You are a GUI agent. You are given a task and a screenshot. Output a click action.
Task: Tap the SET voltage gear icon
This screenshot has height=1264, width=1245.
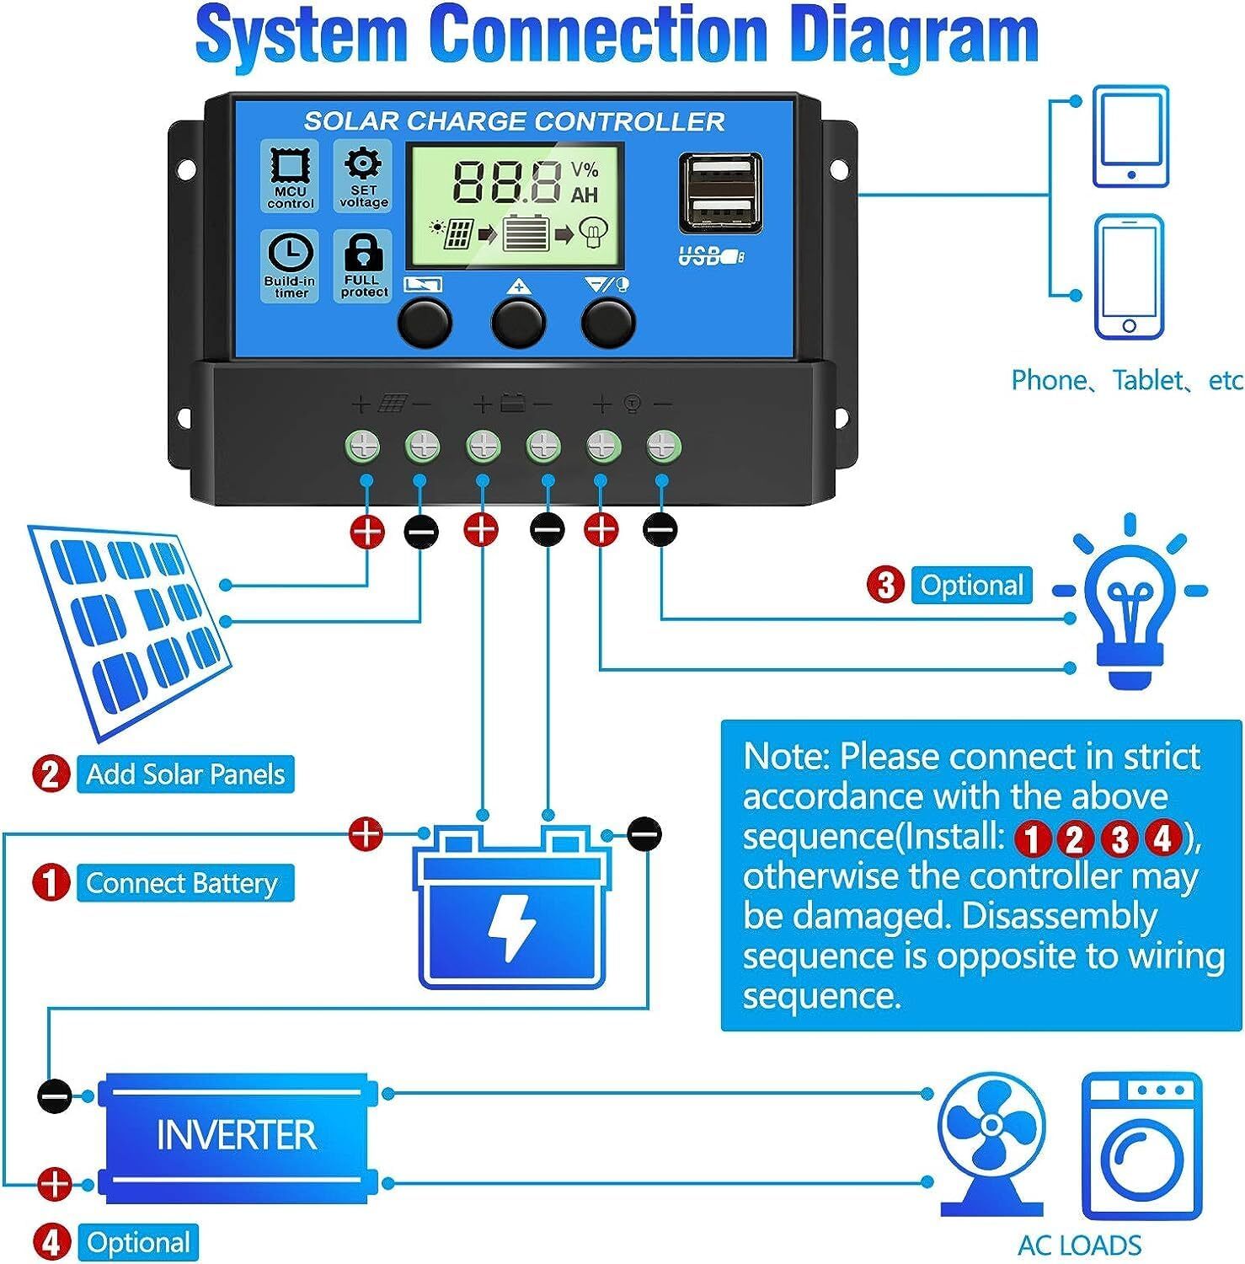click(x=364, y=164)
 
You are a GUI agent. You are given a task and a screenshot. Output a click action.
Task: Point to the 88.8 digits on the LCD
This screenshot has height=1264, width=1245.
click(x=508, y=181)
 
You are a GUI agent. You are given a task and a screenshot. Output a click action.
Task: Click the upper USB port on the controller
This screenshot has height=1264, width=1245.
click(x=721, y=171)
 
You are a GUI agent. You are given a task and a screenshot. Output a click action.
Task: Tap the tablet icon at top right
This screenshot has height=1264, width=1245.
click(x=1130, y=137)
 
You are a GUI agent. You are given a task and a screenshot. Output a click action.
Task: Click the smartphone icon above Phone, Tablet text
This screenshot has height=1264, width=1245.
click(x=1129, y=277)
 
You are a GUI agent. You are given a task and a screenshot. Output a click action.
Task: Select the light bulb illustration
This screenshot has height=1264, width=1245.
click(x=1129, y=611)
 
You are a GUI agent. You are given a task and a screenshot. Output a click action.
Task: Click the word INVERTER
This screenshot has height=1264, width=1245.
click(x=237, y=1135)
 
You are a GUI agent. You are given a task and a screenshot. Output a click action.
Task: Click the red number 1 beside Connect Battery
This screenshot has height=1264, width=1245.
click(x=51, y=883)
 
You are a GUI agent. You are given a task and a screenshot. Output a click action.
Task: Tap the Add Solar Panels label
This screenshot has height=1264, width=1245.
click(x=185, y=774)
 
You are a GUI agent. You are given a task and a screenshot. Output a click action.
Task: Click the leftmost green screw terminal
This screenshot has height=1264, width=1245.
click(x=363, y=447)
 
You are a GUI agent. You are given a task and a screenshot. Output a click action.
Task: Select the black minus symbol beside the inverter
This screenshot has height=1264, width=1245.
click(x=55, y=1096)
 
